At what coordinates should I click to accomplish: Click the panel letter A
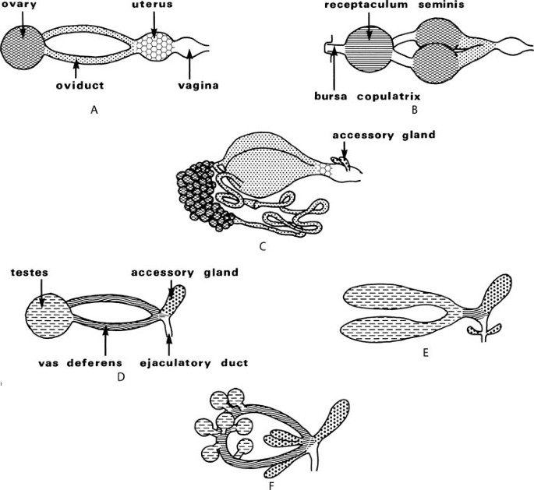94,110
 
